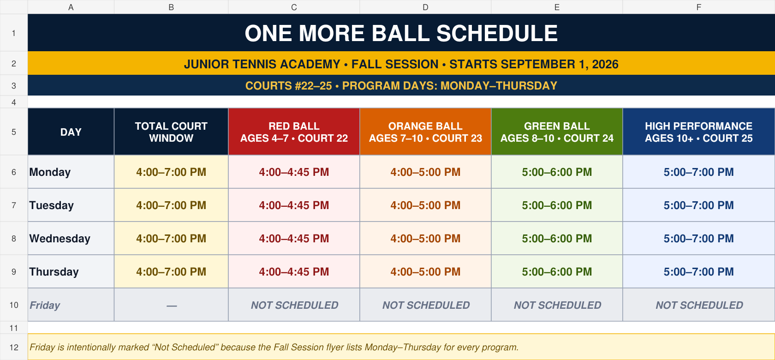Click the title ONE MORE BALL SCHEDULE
coord(401,33)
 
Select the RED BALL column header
coord(294,132)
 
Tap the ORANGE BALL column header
coord(425,132)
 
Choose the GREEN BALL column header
coord(557,132)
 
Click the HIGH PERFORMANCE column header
coord(698,132)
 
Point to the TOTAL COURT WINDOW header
coord(171,132)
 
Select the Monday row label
coord(50,172)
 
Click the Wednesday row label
coord(60,239)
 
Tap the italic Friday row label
coord(45,306)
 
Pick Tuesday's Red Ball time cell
coord(294,205)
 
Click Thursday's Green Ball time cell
coord(557,272)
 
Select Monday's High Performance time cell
coord(698,172)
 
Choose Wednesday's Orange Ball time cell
coord(425,239)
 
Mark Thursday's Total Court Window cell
coord(171,272)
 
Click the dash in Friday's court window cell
coord(172,306)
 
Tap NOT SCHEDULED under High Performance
coord(699,306)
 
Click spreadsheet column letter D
coord(425,7)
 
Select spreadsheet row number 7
coord(14,205)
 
